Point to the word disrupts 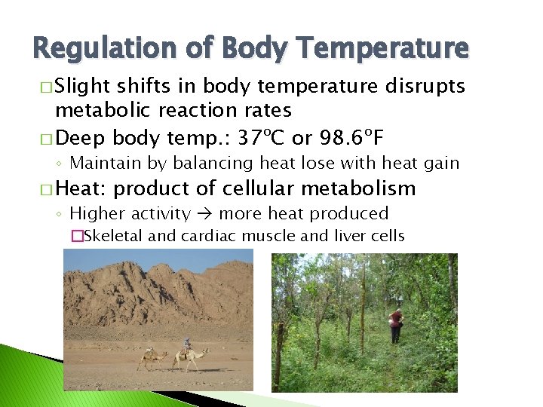point(425,86)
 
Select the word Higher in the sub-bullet point(95,214)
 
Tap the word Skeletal point(113,236)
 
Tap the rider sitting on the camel point(187,346)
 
